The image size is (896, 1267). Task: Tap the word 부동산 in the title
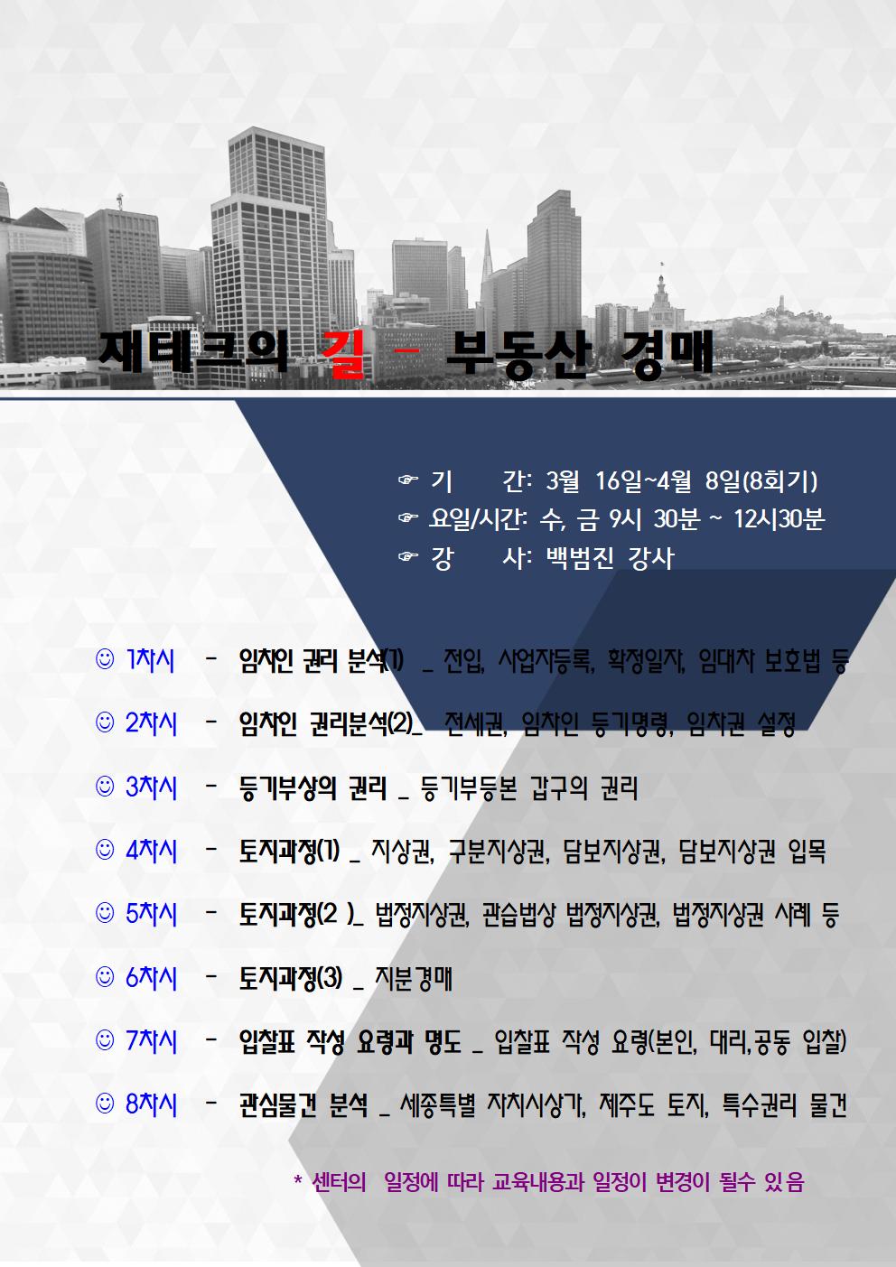pos(518,355)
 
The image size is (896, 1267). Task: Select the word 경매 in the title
pos(667,355)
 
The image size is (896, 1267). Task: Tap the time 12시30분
pos(779,519)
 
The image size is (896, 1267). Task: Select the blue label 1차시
pos(151,660)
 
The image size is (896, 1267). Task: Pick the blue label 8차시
pos(151,1104)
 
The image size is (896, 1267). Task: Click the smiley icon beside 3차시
pos(105,787)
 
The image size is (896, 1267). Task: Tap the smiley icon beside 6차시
pos(105,977)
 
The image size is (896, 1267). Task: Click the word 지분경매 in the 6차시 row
pos(414,977)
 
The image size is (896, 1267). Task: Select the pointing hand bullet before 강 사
pos(408,557)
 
